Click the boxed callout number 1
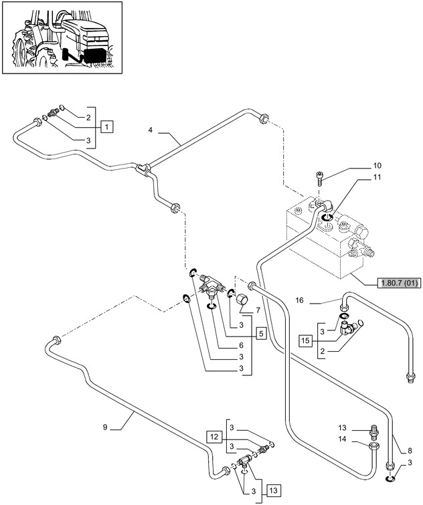tap(108, 125)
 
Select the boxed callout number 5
tap(260, 332)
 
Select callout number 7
tap(258, 310)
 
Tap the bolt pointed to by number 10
tap(320, 178)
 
